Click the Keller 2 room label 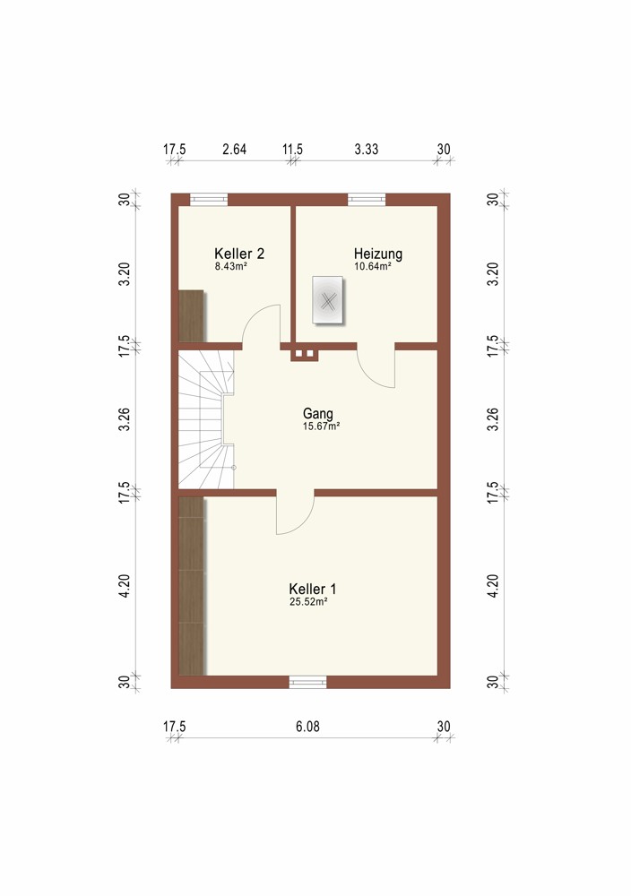tap(239, 254)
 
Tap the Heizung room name tap(378, 254)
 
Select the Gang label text tap(318, 413)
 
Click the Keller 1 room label tap(313, 589)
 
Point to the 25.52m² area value tap(308, 602)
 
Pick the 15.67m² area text tap(321, 426)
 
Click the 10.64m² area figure tap(373, 266)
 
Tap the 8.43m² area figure tap(231, 266)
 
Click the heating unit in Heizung tap(327, 301)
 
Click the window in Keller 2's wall tap(209, 199)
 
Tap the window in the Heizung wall tap(367, 199)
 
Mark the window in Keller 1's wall tap(307, 682)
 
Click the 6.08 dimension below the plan tap(307, 727)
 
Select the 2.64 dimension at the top tap(234, 149)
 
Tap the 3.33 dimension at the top tap(367, 149)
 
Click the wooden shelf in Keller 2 tap(192, 316)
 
